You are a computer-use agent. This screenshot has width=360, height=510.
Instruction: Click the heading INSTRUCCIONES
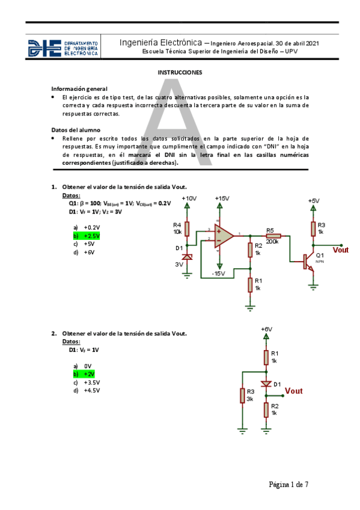coord(180,72)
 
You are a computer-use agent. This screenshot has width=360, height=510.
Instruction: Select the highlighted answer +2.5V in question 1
coord(86,236)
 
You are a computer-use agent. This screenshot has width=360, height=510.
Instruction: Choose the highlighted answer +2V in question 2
coord(84,374)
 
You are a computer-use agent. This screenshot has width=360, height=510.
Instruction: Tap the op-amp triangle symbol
coord(224,233)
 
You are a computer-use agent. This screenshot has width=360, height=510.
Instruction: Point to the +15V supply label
coord(222,198)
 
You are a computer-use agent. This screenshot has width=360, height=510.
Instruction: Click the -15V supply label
coord(218,274)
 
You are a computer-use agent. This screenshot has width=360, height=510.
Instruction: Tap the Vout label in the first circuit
coord(341,250)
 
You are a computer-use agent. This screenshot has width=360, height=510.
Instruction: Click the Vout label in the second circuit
coord(294,391)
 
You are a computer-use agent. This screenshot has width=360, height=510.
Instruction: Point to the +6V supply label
coord(266,329)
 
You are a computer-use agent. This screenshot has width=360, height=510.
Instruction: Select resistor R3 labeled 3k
coord(242,396)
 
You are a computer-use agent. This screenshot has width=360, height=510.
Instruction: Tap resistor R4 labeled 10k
coord(187,229)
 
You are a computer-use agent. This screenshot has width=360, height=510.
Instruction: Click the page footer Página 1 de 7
coord(288,484)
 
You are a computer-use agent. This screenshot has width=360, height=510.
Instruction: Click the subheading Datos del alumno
coord(76,130)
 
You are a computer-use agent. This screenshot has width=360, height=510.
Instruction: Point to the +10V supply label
coord(188,198)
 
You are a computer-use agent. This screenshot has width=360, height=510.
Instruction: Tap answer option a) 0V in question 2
coord(83,366)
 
